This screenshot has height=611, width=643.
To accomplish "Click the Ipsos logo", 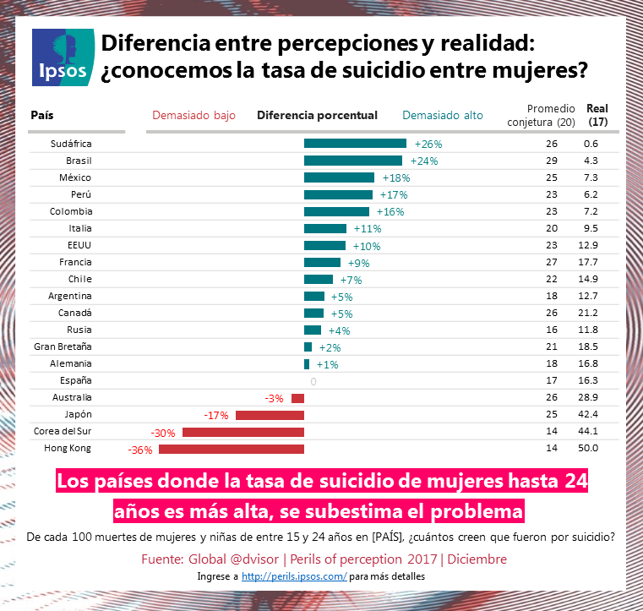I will coord(58,57).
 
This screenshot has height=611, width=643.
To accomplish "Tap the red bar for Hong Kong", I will coord(232,449).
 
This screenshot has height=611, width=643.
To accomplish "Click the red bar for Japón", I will coord(270,415).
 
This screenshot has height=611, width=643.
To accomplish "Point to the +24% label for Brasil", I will coord(423,161).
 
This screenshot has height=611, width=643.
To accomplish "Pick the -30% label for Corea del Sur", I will coord(163,432).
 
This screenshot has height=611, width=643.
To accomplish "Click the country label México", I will coord(75,177).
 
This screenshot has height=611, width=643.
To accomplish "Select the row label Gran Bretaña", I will coord(63,346).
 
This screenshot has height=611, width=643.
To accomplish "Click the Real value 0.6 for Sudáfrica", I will coord(591,144).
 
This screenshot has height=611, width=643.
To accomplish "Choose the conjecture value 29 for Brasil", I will coord(552,161).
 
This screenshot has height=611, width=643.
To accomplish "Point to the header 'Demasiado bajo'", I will coord(193,115).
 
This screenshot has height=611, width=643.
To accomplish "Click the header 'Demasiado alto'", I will coord(443,115).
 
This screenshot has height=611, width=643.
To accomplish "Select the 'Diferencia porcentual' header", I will coord(317,115).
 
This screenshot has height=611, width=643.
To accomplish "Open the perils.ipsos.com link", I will coord(294,576).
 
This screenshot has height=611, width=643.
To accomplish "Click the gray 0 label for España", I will coord(313,381).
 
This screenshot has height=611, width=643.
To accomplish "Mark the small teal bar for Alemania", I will coord(307,364).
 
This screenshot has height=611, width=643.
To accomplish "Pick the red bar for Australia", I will coord(297,398).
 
